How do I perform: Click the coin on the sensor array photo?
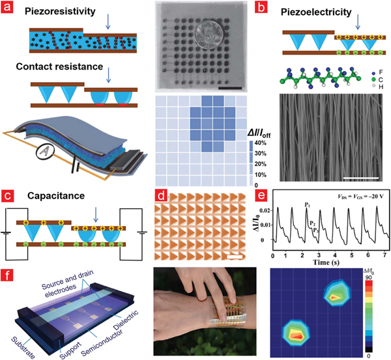pos(203,38)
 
